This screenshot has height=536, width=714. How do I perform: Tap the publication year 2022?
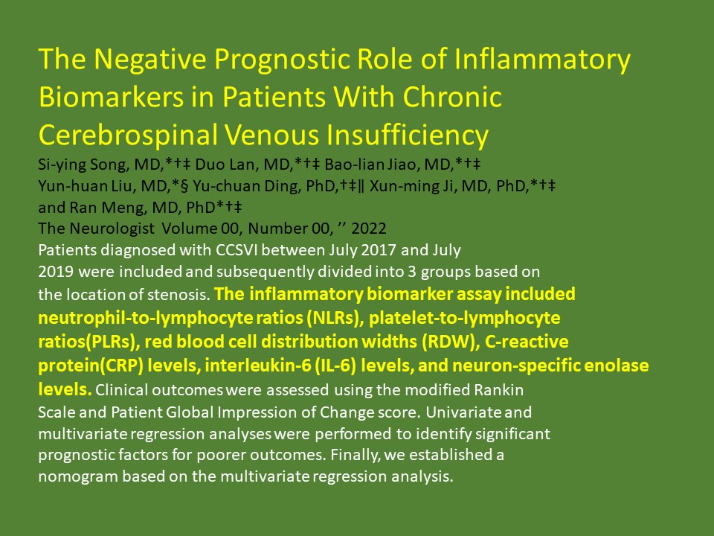(369, 228)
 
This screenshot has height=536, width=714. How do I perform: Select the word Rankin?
(498, 389)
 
